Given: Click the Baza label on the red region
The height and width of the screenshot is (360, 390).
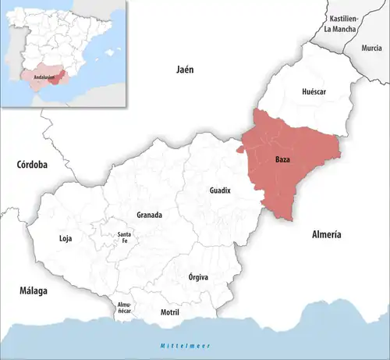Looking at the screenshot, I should (283, 160).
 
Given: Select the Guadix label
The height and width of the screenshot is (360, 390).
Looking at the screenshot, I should (220, 191).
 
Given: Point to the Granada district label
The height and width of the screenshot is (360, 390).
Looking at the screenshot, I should (149, 215).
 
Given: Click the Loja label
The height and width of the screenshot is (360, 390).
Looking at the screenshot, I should (66, 238).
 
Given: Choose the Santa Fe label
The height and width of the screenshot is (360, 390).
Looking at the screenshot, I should (124, 237).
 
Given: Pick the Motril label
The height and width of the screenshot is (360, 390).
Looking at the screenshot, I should (169, 312).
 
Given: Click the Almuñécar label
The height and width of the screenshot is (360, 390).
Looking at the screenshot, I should (125, 307).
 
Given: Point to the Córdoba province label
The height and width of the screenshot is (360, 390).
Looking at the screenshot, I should (31, 165).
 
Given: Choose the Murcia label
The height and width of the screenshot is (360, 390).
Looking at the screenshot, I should (371, 48).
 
